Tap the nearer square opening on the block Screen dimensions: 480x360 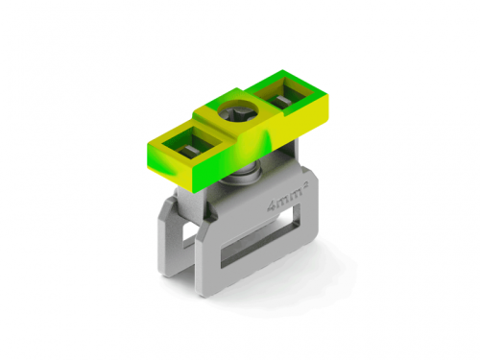coord(191,142)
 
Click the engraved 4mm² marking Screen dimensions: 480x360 coord(287,199)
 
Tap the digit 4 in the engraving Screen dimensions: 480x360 coord(272,206)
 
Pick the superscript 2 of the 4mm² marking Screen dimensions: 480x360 coord(304,190)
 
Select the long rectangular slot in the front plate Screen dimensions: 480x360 coord(260,236)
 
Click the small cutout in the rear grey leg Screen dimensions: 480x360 coord(189,235)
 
